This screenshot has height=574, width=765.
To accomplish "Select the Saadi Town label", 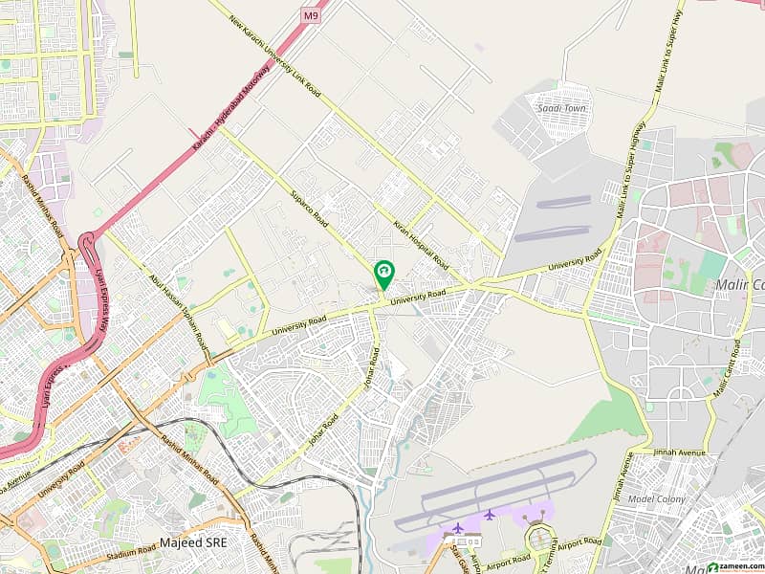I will (562, 108).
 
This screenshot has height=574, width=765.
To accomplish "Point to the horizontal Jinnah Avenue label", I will (679, 452).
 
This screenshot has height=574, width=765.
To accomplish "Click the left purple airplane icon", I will (457, 527).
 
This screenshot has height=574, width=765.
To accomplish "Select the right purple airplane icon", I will (489, 515).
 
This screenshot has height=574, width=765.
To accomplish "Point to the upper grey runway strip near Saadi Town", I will (563, 202).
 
